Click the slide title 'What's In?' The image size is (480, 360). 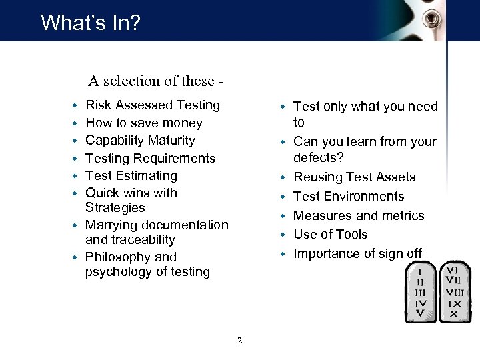click(91, 23)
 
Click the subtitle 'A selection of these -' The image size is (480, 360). click(155, 81)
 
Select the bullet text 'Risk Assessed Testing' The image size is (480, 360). click(153, 105)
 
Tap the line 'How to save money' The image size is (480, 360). click(143, 123)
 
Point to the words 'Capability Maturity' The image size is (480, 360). click(140, 141)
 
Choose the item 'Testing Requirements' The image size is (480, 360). click(151, 159)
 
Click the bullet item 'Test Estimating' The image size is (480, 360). click(131, 176)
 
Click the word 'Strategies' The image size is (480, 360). click(115, 208)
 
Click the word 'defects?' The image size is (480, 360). click(319, 157)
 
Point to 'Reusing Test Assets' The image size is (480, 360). click(354, 177)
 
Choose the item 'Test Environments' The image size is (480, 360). click(349, 197)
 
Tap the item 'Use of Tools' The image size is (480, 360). click(331, 235)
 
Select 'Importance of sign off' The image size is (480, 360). click(357, 254)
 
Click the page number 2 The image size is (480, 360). click(239, 341)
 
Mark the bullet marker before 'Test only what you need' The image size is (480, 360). click(283, 107)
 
